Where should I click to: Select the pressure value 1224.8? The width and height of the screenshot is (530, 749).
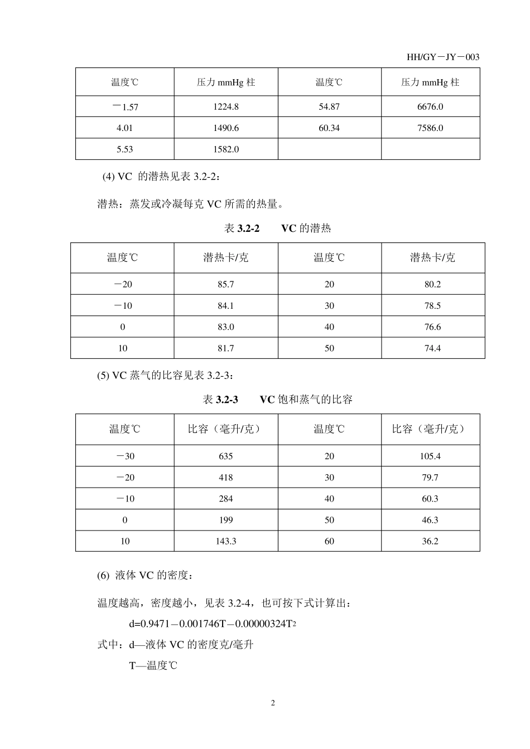(226, 106)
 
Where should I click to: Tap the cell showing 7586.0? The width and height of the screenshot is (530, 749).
(430, 128)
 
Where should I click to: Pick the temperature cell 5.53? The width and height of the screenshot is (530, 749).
(124, 149)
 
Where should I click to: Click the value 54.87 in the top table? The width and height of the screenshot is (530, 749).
(329, 106)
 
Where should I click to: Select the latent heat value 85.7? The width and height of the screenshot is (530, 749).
(226, 284)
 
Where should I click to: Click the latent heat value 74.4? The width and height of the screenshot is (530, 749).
(432, 348)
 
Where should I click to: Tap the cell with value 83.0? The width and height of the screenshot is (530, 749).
(226, 327)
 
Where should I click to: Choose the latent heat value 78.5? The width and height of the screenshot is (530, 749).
(432, 305)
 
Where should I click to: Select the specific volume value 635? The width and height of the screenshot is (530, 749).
(226, 456)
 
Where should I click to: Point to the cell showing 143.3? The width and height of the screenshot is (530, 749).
(226, 541)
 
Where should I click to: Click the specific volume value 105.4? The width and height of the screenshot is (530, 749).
(430, 456)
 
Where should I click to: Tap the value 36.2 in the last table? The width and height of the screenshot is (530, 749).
(430, 541)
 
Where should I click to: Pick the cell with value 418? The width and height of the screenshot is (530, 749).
(226, 478)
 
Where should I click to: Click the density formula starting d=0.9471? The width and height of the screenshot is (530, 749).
(212, 624)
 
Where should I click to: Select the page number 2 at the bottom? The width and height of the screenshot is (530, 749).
(273, 703)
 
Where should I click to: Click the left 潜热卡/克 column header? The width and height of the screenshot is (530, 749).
(226, 257)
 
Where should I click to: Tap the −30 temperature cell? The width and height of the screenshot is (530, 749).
(125, 456)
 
